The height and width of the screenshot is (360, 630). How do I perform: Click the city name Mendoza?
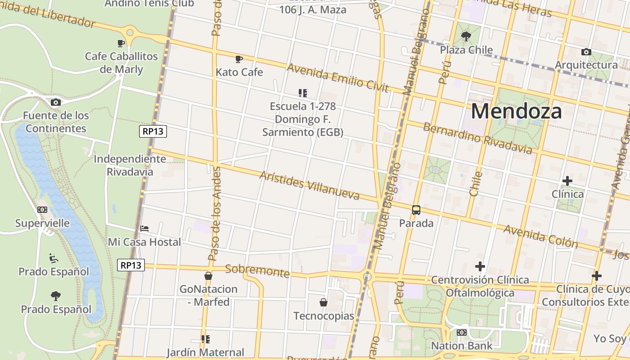(516, 111)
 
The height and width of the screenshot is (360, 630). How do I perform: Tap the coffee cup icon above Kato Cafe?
(239, 59)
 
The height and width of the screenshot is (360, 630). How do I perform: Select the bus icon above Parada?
(416, 210)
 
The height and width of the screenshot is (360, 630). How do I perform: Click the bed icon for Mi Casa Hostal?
(144, 229)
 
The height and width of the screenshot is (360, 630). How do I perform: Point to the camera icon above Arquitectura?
(586, 52)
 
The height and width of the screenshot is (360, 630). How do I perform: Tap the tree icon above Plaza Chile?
(466, 36)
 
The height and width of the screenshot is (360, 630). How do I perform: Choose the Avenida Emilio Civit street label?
(337, 78)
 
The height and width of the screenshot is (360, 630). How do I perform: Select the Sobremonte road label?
(257, 271)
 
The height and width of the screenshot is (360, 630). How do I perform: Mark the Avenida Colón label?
(540, 236)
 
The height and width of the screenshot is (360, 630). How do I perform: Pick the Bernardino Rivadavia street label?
(477, 138)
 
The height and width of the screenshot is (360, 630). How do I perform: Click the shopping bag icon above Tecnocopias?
(324, 302)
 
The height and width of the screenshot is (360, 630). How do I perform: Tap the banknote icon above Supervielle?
(42, 210)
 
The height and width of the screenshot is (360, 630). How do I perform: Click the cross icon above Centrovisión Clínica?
(480, 266)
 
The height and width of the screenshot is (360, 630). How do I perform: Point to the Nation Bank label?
(462, 346)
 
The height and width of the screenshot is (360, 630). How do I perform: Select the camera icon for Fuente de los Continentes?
(56, 103)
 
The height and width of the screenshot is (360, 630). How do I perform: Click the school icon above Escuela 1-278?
(303, 93)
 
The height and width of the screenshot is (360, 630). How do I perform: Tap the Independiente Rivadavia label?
(130, 165)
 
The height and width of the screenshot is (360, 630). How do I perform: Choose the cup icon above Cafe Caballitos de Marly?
(121, 43)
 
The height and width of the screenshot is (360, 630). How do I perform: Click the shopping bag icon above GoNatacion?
(208, 276)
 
